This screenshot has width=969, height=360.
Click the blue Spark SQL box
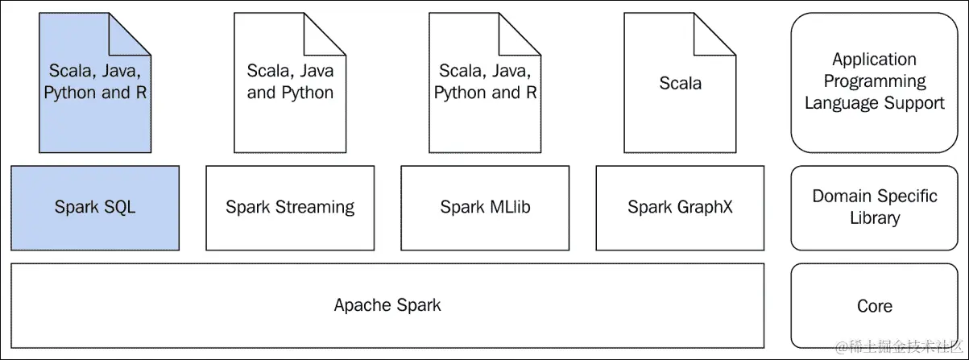coord(95,208)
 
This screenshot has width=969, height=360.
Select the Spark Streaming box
coord(290,208)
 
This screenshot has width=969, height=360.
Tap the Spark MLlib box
coord(485,208)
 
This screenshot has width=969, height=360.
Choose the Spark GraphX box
coord(680,208)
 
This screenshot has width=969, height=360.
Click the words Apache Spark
coord(387,305)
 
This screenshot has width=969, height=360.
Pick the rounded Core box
coord(874,306)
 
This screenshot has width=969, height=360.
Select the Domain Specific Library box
coord(874,208)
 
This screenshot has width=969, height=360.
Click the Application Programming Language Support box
coord(874,82)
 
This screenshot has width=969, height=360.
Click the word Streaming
coord(315,208)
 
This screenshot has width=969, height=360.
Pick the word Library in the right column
coord(874,218)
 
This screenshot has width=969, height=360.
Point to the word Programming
coord(874,81)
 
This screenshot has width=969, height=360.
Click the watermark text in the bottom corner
coord(898,347)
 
